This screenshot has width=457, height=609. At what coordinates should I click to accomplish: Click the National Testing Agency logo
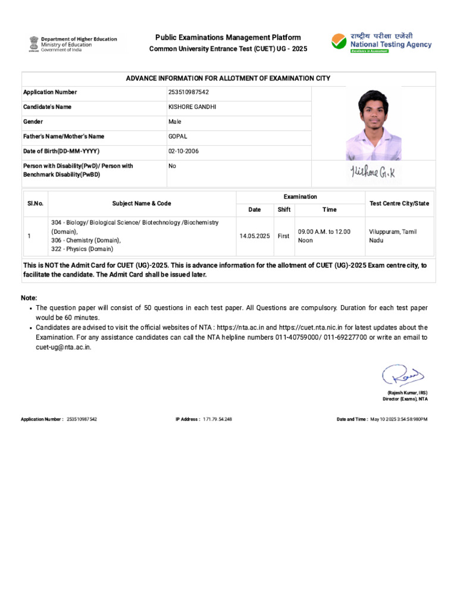(381, 43)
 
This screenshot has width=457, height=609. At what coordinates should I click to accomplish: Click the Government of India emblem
(33, 43)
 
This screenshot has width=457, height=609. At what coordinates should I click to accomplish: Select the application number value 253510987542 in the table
(189, 92)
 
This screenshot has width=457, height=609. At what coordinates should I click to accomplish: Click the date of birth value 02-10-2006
(184, 151)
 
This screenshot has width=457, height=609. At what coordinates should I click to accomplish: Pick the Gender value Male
(175, 121)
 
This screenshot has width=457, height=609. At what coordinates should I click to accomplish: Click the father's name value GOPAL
(178, 136)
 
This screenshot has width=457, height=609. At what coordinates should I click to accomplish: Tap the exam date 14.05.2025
(255, 236)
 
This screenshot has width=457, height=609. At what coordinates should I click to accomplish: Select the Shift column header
(284, 209)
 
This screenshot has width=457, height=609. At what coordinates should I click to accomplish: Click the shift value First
(284, 236)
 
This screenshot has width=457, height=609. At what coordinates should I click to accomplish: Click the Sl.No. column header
(35, 203)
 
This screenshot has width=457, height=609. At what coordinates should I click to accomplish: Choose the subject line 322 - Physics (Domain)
(82, 249)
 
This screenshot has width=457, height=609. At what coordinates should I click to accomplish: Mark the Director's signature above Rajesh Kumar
(402, 376)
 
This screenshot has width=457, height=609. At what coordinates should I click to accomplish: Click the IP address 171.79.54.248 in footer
(217, 419)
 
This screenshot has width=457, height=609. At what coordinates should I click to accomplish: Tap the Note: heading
(29, 297)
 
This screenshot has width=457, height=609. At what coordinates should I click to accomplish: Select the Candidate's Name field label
(47, 107)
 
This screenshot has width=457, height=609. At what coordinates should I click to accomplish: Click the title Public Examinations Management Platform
(228, 37)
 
